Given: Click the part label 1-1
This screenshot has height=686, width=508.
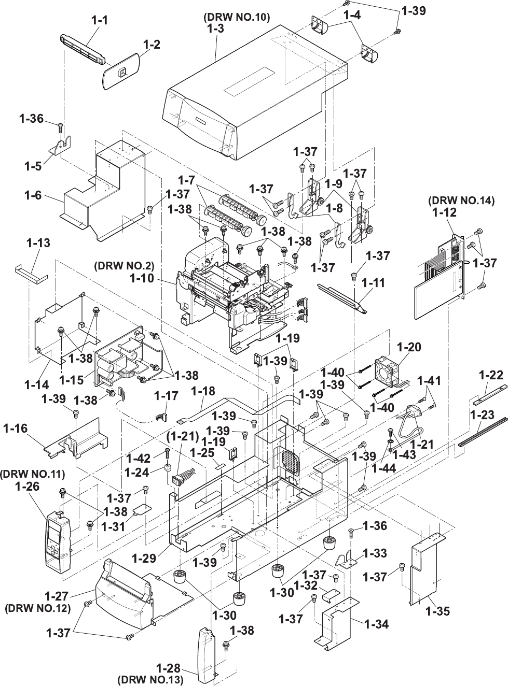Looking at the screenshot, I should pyautogui.click(x=100, y=21).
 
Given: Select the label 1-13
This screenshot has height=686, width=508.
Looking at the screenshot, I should pyautogui.click(x=38, y=242).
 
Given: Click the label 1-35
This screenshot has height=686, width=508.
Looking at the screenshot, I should pyautogui.click(x=437, y=611).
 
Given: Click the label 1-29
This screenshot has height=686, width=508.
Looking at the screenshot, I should pyautogui.click(x=144, y=559).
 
